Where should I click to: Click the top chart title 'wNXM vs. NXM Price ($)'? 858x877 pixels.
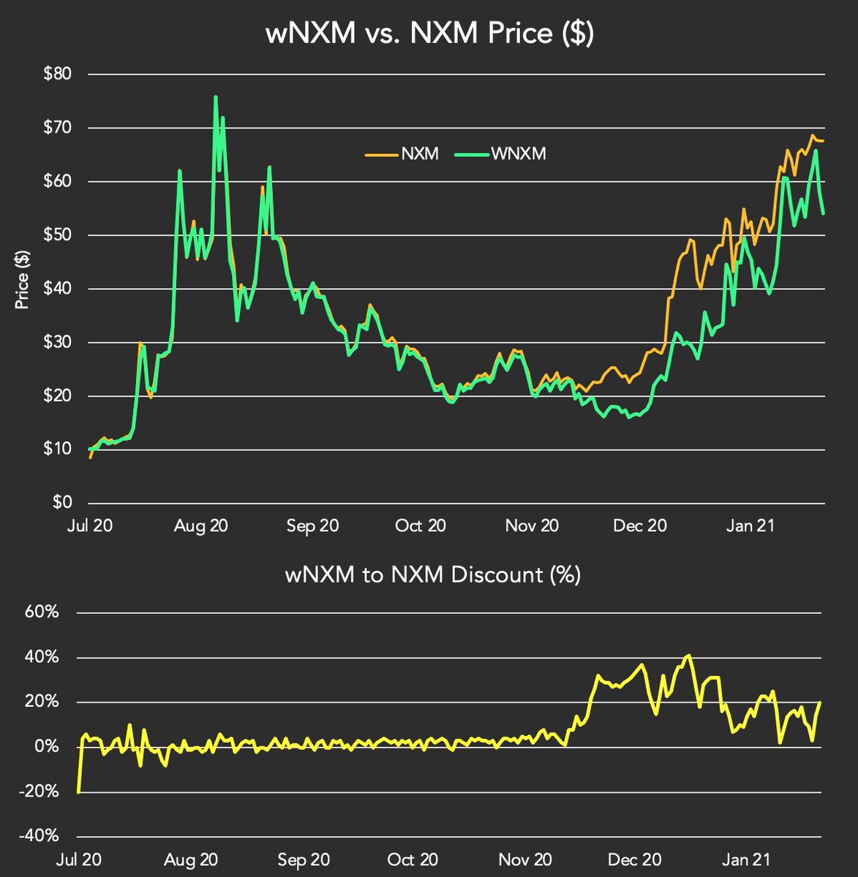[429, 34]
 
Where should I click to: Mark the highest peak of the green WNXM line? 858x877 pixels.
[215, 96]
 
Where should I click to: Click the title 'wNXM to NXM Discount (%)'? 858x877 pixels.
[433, 575]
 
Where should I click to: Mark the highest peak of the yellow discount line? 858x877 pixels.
[688, 656]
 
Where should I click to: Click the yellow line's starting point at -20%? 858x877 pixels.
[78, 791]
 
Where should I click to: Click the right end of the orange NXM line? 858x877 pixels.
[824, 141]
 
